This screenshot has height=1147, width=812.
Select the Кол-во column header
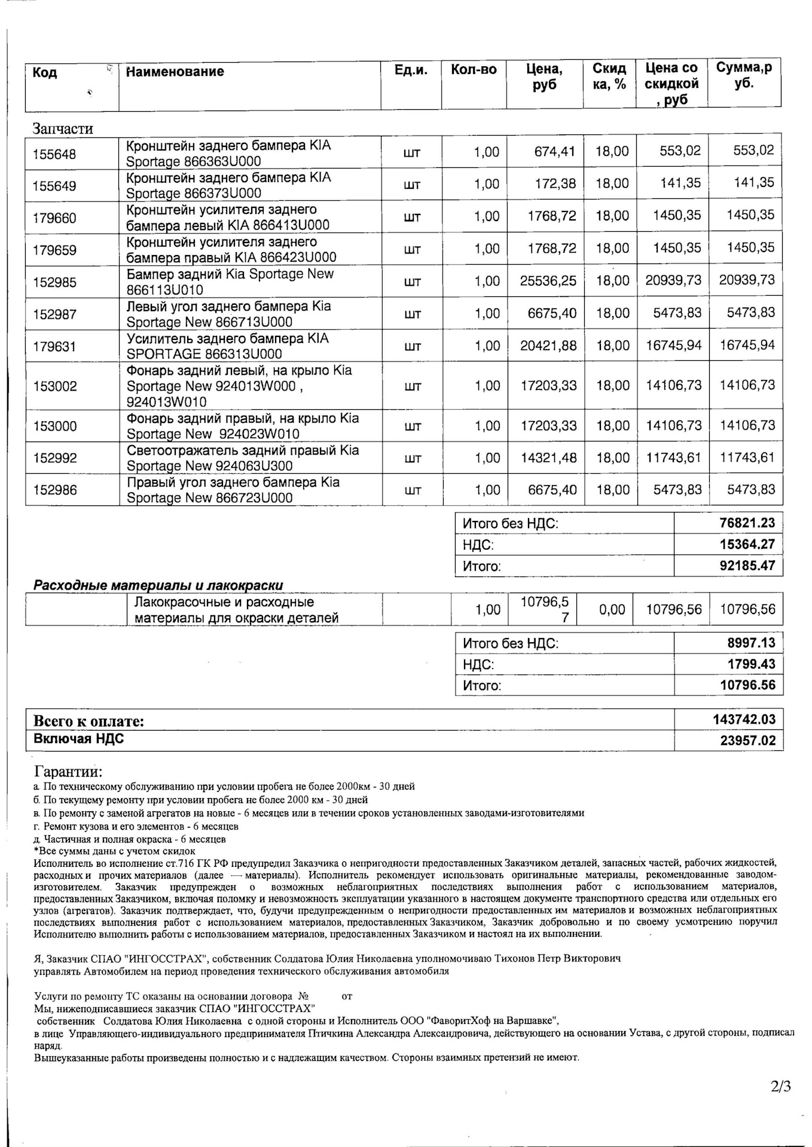tap(474, 70)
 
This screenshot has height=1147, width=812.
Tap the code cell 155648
tap(54, 154)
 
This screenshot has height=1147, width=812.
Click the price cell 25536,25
tap(548, 281)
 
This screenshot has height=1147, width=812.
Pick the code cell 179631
tap(54, 346)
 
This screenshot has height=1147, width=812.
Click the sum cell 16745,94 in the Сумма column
tap(746, 345)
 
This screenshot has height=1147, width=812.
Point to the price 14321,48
tap(548, 458)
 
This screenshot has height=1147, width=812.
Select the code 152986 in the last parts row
tap(54, 490)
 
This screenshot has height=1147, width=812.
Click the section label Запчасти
tap(63, 128)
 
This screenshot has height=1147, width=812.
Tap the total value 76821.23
tap(747, 523)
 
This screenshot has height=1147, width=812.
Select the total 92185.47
tap(747, 566)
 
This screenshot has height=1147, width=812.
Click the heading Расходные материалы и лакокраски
tap(158, 585)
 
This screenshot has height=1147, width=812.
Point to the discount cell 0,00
tap(612, 610)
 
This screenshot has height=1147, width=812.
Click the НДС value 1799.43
tap(751, 664)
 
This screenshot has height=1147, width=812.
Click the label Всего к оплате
tap(88, 721)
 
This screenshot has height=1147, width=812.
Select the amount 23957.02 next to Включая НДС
tap(747, 741)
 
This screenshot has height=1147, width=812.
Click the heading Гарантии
tap(68, 772)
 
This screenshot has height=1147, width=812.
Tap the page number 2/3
tap(781, 1086)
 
